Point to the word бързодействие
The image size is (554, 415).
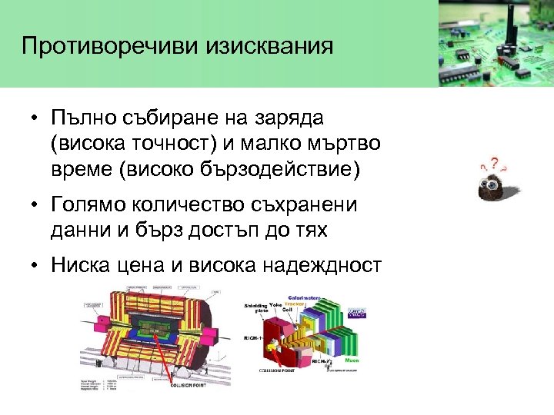(x=284, y=168)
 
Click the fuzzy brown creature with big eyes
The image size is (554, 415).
(x=496, y=185)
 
